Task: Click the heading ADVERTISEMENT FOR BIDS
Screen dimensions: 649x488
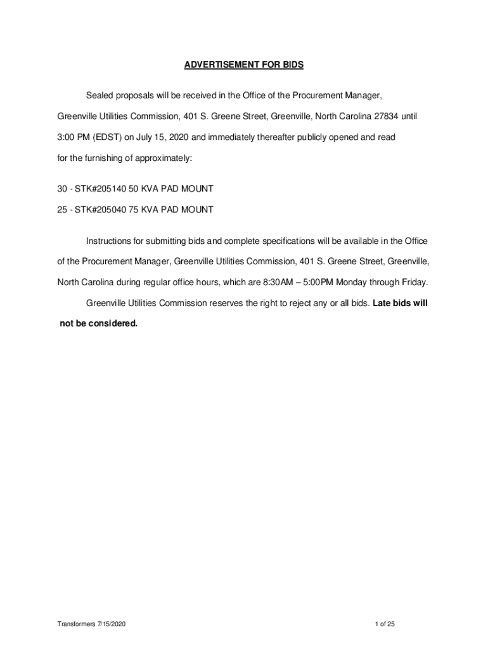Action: pos(244,65)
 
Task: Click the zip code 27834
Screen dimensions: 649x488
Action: pos(387,117)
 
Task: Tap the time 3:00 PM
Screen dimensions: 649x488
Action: pos(73,137)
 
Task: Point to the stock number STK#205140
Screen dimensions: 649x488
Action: pos(100,189)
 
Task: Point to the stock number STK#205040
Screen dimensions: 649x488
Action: pos(100,209)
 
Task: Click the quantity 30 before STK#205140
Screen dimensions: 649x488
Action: pos(62,189)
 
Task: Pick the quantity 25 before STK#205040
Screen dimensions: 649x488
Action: pos(62,209)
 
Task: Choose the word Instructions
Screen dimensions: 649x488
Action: pos(108,241)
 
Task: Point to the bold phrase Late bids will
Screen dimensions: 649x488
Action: pos(400,303)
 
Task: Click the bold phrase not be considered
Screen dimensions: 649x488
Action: pos(98,323)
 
